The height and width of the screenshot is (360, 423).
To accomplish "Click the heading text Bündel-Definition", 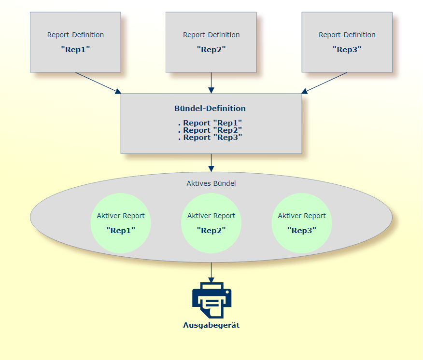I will (210, 109).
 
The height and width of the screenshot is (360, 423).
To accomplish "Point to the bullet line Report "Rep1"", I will (210, 123).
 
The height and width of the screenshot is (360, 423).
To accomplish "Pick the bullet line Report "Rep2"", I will (210, 130).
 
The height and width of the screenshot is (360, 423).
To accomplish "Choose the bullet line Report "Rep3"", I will (210, 138).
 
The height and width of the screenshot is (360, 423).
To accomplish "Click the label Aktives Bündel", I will (211, 183).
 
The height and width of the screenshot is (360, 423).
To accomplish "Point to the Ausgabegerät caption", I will (211, 325).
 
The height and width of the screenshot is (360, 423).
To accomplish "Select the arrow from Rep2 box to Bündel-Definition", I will (211, 83).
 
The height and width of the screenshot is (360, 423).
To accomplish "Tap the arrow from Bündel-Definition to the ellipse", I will (211, 163).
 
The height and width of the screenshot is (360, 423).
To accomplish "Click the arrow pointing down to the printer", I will (211, 272).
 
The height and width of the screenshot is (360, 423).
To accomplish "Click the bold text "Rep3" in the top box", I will (347, 49).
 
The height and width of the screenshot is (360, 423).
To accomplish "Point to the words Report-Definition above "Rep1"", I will (75, 35).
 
